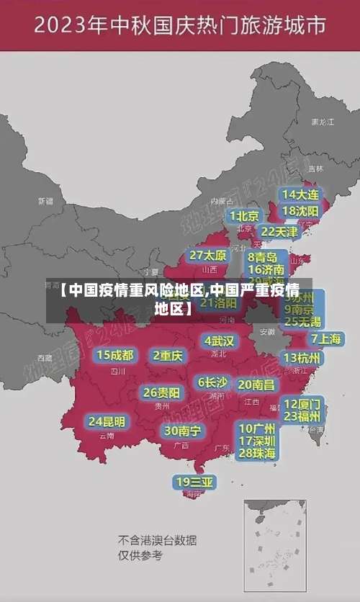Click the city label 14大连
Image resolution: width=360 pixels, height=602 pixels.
click(300, 194)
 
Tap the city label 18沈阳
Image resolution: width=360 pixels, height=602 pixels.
click(300, 211)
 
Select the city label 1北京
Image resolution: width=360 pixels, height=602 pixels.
click(244, 215)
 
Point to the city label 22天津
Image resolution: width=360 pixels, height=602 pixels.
click(279, 232)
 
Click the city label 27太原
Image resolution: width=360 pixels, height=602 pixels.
click(208, 256)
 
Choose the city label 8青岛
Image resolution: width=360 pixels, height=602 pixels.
click(263, 256)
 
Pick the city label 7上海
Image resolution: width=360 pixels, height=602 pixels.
click(325, 338)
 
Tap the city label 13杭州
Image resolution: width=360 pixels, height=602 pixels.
click(303, 358)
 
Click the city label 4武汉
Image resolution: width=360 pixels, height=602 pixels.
click(219, 341)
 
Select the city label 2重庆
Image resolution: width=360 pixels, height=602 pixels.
click(168, 355)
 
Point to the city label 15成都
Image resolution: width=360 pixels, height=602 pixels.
click(115, 355)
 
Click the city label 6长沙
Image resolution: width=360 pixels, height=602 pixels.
click(212, 382)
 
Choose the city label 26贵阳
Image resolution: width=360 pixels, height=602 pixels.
click(162, 393)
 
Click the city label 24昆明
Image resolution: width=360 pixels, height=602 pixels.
click(107, 421)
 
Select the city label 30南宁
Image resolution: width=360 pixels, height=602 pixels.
click(182, 431)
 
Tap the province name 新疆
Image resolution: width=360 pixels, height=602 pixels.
click(45, 201)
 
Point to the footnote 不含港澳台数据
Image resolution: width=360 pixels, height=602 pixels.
click(157, 540)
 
